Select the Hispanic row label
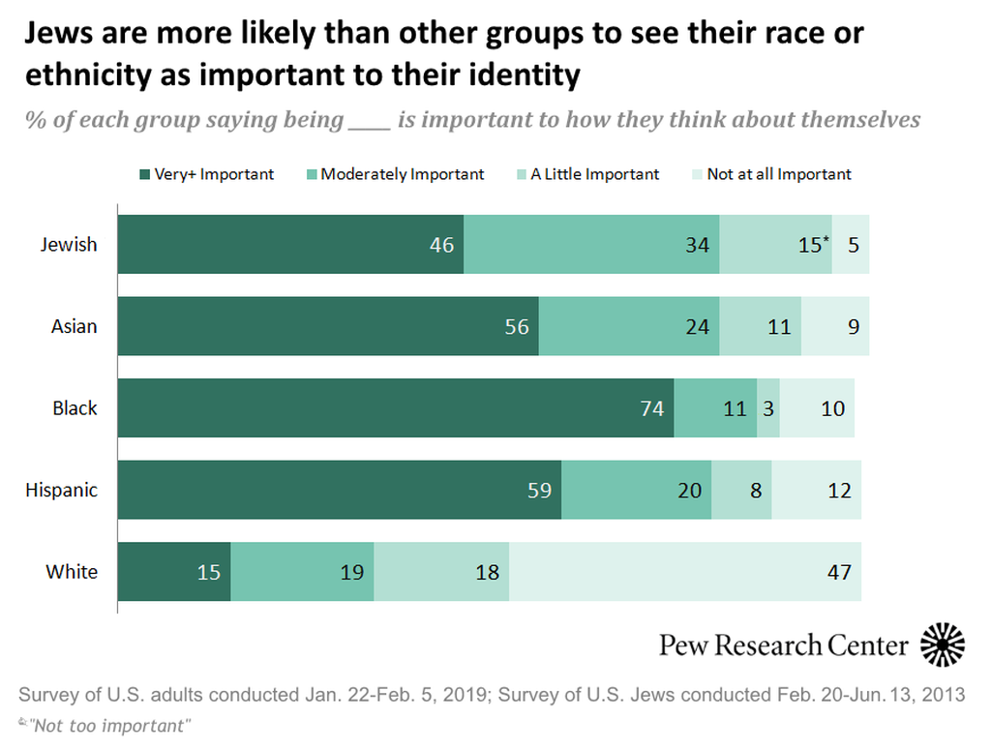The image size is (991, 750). tap(61, 490)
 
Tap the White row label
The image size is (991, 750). tap(72, 571)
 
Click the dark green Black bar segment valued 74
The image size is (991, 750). tap(396, 408)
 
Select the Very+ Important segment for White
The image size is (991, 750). tap(174, 572)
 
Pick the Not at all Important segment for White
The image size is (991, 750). tap(685, 572)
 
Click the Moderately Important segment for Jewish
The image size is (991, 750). tap(591, 244)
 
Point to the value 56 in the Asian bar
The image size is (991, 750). tap(517, 326)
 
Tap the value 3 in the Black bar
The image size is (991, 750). tap(767, 408)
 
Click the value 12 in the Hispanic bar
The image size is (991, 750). tap(840, 491)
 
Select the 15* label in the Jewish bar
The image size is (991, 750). tap(814, 245)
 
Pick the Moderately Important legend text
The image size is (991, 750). tap(403, 175)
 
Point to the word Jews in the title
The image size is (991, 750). tap(60, 34)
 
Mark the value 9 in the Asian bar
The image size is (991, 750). tap(854, 326)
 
